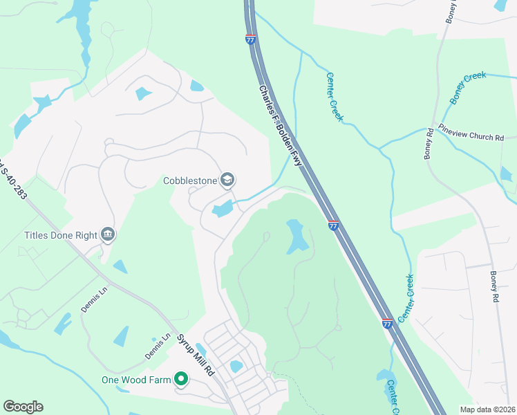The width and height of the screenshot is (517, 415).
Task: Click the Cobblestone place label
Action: [x=190, y=181]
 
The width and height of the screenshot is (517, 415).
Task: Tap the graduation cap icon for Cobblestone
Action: [x=227, y=181]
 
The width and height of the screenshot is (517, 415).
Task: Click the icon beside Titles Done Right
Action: [x=107, y=235]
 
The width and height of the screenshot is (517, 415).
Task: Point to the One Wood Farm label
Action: [x=135, y=379]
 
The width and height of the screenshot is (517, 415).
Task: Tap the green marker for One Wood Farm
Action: [x=181, y=379]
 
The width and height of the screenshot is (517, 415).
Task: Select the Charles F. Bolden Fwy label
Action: [x=280, y=125]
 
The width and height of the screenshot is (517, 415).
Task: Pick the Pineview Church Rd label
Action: [x=471, y=133]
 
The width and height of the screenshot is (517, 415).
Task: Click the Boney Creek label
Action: [x=469, y=87]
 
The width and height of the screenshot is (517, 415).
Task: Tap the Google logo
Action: [x=23, y=407]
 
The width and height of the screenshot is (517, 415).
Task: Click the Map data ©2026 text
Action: [x=487, y=409]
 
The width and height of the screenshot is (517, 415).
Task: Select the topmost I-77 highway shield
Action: [x=250, y=39]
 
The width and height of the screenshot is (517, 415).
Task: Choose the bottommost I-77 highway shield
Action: [x=388, y=322]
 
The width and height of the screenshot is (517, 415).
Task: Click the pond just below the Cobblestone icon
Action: [x=223, y=208]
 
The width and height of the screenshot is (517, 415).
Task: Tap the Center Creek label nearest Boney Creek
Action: [x=335, y=98]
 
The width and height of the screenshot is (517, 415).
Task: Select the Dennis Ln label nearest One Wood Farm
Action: [x=157, y=347]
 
